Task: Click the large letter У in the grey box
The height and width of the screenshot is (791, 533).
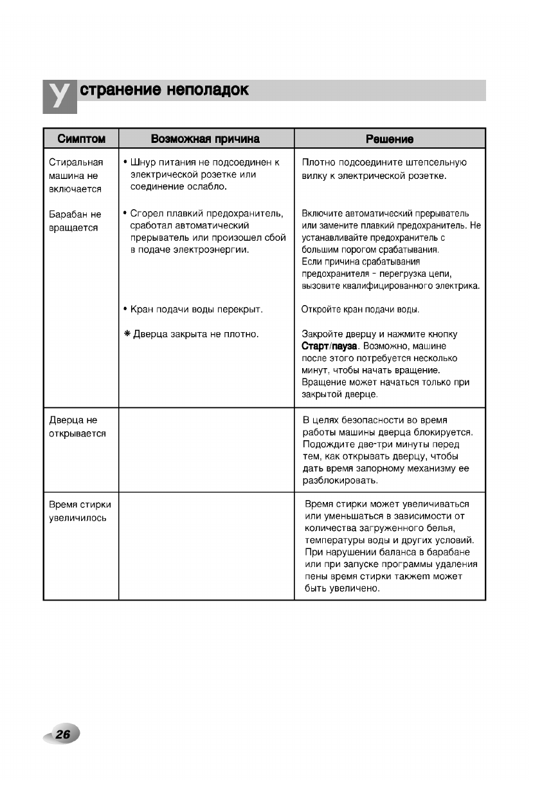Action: [59, 96]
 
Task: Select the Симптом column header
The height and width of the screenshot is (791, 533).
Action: [81, 139]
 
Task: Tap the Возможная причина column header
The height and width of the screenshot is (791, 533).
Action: [205, 139]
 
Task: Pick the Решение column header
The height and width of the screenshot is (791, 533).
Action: [389, 139]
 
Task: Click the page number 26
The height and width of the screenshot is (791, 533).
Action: [63, 734]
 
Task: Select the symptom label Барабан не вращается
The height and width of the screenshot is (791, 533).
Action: [75, 221]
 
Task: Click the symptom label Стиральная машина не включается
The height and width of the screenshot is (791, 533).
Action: [75, 175]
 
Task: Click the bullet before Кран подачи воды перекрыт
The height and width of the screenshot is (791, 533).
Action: [124, 310]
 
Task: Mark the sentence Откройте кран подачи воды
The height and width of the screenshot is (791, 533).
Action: [360, 310]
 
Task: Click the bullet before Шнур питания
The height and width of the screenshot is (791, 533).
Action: [124, 162]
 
